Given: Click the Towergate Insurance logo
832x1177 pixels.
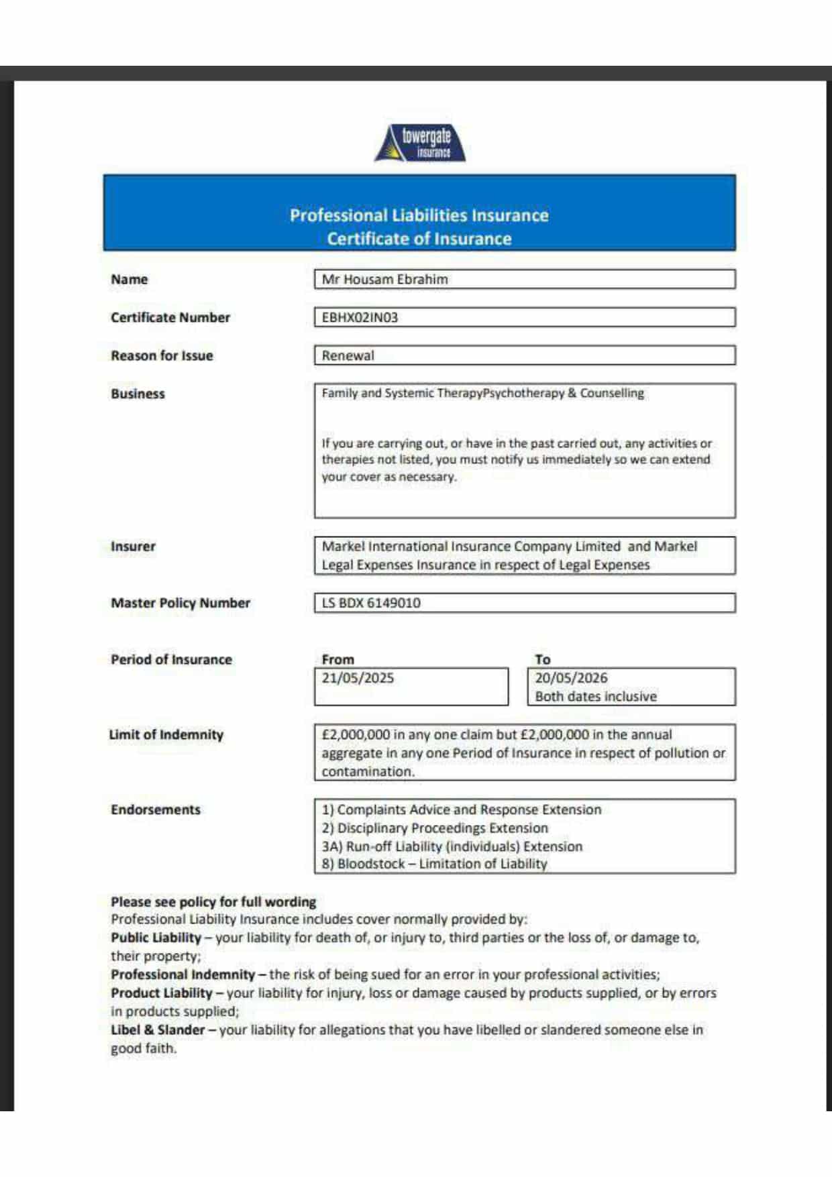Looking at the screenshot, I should click(421, 143).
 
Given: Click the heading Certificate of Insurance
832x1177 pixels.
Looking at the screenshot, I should click(419, 239).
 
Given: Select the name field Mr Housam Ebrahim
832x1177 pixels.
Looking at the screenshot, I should click(384, 280).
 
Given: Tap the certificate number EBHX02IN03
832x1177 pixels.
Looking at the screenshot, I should click(360, 318).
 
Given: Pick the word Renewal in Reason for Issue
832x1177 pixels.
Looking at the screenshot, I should click(348, 356).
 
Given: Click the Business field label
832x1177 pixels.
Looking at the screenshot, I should click(138, 394).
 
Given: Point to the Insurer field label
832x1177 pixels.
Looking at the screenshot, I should click(133, 547).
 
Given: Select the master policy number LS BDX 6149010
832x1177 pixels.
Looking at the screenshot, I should click(371, 603).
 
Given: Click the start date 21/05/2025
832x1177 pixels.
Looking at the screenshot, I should click(358, 678).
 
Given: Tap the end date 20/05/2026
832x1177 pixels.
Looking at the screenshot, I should click(571, 678).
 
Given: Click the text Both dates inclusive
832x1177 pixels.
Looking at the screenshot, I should click(596, 696).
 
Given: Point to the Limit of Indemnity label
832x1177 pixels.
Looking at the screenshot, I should click(166, 735).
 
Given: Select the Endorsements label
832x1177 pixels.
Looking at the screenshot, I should click(156, 810).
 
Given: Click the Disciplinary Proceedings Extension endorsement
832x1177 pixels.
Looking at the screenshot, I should click(435, 828).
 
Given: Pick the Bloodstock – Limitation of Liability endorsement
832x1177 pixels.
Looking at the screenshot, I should click(434, 864).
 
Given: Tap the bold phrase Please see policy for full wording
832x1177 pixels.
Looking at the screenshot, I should click(213, 902).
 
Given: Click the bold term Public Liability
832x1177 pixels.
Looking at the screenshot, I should click(156, 938).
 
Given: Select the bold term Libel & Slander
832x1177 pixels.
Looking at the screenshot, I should click(158, 1029).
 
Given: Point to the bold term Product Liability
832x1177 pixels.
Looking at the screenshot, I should click(162, 993).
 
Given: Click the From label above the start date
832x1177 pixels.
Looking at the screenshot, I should click(337, 659).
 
